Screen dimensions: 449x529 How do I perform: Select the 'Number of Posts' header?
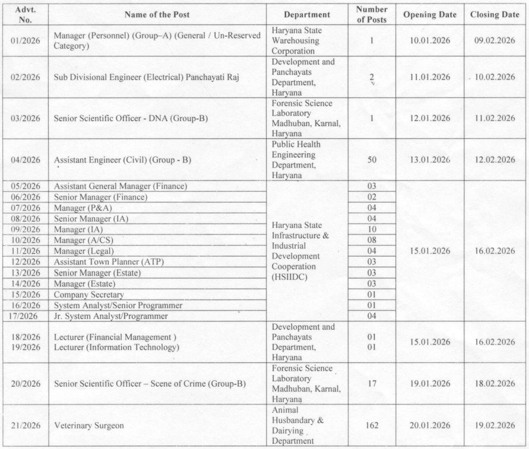(372, 14)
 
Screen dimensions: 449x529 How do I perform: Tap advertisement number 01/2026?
(26, 41)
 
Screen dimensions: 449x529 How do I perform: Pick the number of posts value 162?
(372, 426)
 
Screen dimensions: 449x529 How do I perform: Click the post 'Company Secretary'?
(89, 295)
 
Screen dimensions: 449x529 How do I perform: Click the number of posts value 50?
(372, 160)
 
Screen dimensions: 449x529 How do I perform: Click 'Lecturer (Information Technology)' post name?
(116, 347)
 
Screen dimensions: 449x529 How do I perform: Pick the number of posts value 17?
(372, 384)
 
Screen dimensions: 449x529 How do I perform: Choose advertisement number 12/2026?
(26, 262)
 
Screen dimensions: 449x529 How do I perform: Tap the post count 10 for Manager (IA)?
(372, 229)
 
